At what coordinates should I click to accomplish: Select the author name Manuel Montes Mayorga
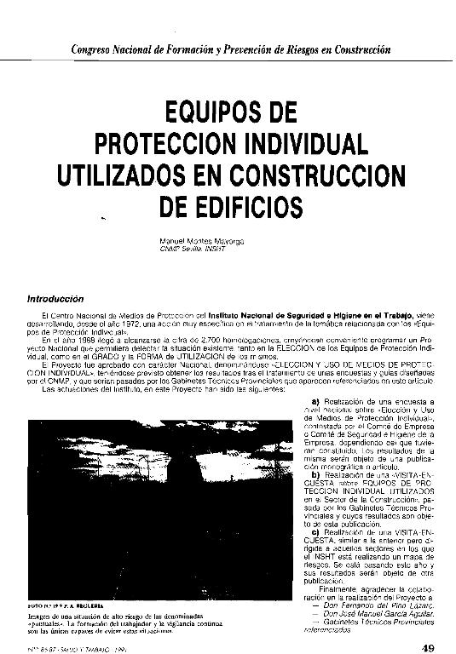[201, 242]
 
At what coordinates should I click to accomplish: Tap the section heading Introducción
[56, 299]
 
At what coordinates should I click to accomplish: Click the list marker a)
[315, 402]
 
